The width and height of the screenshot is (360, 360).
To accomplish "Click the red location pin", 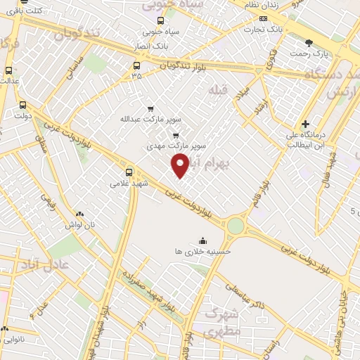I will (x=180, y=165).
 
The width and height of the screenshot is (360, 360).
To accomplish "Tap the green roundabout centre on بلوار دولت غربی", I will (x=235, y=225).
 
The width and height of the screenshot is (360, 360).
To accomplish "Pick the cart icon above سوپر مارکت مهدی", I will (x=176, y=136).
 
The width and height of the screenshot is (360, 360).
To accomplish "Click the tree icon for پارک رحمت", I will (x=309, y=43).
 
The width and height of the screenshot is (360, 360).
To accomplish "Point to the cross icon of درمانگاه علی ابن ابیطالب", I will (x=304, y=124).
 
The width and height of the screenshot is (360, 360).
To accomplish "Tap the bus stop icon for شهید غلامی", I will (x=129, y=171).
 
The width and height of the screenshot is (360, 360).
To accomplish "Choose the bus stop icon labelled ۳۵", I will (x=136, y=66).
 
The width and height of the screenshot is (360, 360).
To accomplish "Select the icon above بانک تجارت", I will (x=263, y=19).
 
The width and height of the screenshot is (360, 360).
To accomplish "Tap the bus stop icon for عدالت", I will (x=8, y=70).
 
